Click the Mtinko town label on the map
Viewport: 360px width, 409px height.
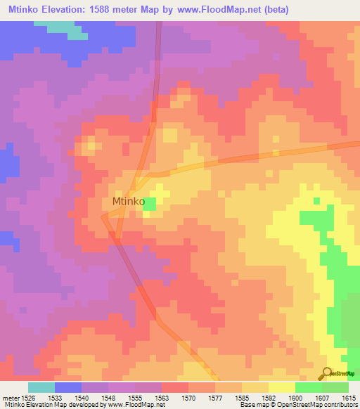pos(129,202)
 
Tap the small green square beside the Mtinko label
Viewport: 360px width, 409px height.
pos(150,202)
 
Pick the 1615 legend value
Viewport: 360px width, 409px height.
pos(349,398)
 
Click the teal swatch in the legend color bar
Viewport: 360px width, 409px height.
pos(41,387)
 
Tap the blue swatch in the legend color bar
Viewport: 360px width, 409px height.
pos(68,387)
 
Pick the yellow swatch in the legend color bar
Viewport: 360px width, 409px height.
pos(281,387)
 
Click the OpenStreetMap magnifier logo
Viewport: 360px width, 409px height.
pos(328,372)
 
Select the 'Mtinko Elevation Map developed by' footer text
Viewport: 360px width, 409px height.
pos(49,405)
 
